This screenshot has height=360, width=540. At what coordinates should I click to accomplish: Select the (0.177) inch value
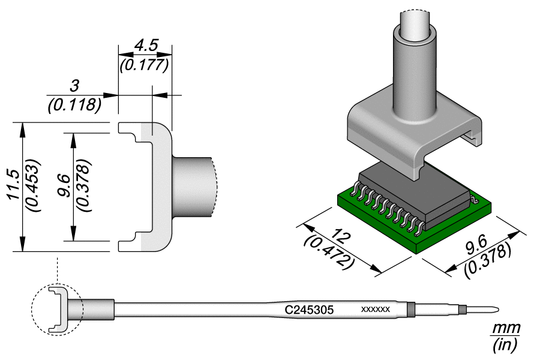click(145, 64)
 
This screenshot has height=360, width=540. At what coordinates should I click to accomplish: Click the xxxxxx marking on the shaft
click(376, 310)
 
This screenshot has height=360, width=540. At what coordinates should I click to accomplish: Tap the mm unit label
click(505, 328)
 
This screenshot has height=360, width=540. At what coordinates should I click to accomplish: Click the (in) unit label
click(505, 346)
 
